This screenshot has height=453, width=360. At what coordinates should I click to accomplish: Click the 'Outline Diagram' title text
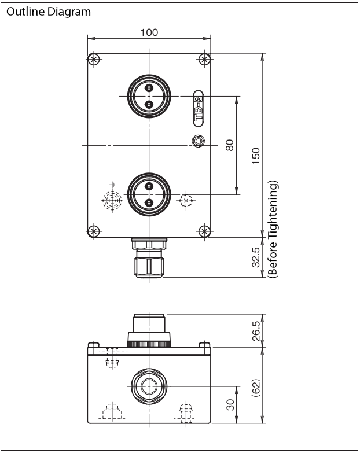[49, 12]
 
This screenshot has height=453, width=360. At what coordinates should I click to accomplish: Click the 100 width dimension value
[149, 32]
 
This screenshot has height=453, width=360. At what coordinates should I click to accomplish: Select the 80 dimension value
[229, 145]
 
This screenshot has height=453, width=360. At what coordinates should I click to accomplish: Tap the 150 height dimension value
[256, 156]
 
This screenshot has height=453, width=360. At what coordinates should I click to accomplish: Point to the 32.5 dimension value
[256, 257]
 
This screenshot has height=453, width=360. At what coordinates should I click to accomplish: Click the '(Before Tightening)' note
[273, 229]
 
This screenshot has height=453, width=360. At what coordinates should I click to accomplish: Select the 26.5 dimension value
[256, 331]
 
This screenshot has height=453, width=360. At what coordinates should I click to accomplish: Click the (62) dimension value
[256, 388]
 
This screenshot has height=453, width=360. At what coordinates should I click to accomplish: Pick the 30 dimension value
[230, 405]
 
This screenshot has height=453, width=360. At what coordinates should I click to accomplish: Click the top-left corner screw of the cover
[93, 60]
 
